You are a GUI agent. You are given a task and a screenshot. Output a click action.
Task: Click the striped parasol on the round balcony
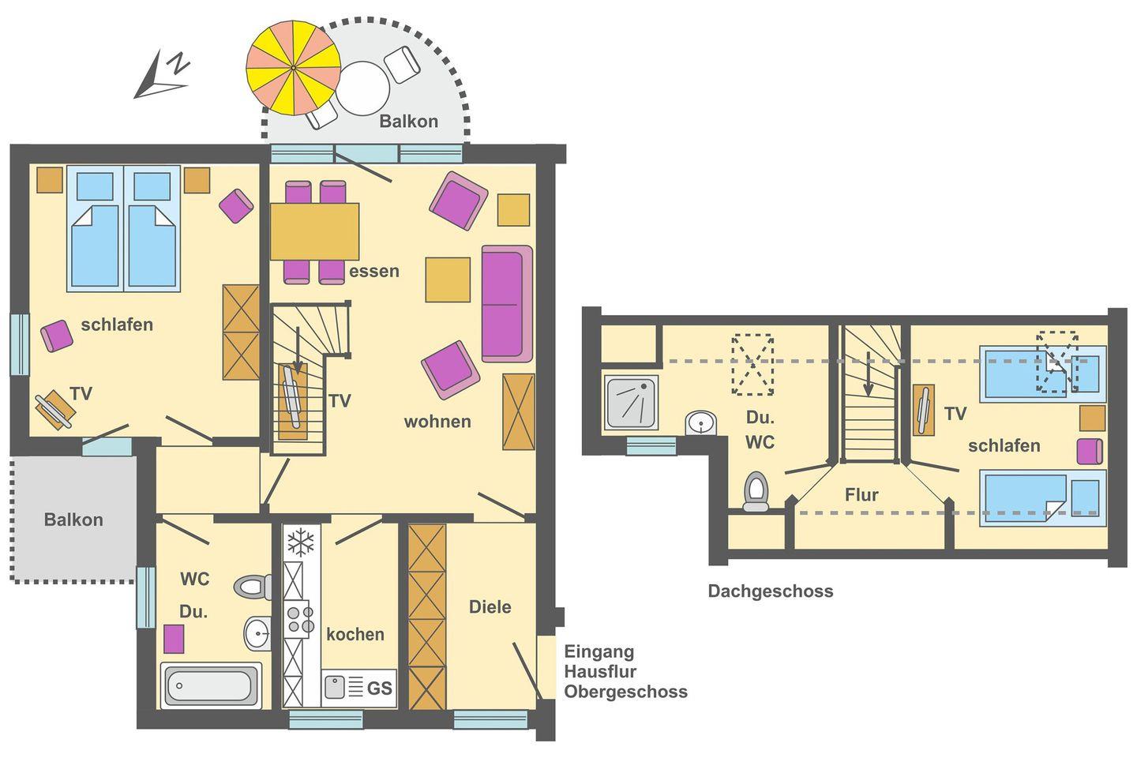pyautogui.click(x=294, y=68)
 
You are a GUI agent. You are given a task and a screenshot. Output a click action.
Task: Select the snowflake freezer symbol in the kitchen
pyautogui.click(x=301, y=542)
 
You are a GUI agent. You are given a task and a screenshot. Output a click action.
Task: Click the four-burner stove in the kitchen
pyautogui.click(x=299, y=619)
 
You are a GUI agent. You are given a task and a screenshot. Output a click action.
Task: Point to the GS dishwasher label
pyautogui.click(x=379, y=689)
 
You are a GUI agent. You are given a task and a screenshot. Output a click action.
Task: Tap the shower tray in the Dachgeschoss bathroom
pyautogui.click(x=632, y=402)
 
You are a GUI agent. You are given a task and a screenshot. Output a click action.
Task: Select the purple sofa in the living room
pyautogui.click(x=507, y=304)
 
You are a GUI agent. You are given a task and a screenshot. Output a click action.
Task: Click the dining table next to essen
pyautogui.click(x=315, y=231)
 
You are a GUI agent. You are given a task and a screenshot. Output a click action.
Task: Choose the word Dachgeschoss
pyautogui.click(x=771, y=591)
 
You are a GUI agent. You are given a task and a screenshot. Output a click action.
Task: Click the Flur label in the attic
pyautogui.click(x=861, y=495)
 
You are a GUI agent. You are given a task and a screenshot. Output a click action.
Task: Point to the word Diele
pyautogui.click(x=490, y=606)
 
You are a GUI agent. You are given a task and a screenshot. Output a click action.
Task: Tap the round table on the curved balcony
pyautogui.click(x=362, y=88)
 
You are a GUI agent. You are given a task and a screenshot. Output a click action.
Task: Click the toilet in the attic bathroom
pyautogui.click(x=756, y=491)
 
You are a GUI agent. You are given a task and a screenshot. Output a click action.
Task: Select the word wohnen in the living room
pyautogui.click(x=437, y=422)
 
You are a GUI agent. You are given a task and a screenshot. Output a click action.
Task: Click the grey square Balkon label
pyautogui.click(x=73, y=520)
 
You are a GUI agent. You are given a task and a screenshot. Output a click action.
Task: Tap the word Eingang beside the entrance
pyautogui.click(x=599, y=652)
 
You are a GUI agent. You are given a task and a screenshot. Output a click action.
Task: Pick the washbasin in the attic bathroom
pyautogui.click(x=701, y=423)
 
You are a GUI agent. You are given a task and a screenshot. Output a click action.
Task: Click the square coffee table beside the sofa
pyautogui.click(x=448, y=280)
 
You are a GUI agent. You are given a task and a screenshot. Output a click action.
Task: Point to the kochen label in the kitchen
pyautogui.click(x=355, y=635)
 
